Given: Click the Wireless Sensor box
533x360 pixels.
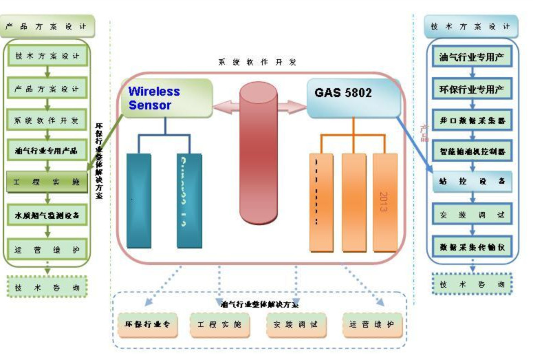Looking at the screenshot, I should click(166, 98).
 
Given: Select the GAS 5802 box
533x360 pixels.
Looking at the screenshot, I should click(353, 96).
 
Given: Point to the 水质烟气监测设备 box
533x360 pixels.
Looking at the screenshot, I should click(47, 215).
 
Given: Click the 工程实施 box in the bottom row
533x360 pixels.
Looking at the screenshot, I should click(219, 324).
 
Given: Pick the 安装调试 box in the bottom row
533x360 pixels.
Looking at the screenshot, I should click(296, 324).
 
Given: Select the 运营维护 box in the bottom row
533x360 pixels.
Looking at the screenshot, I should click(372, 324).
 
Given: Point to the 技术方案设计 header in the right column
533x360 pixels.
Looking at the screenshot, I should click(470, 27).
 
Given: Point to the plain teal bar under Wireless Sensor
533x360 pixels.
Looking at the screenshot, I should click(139, 200).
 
